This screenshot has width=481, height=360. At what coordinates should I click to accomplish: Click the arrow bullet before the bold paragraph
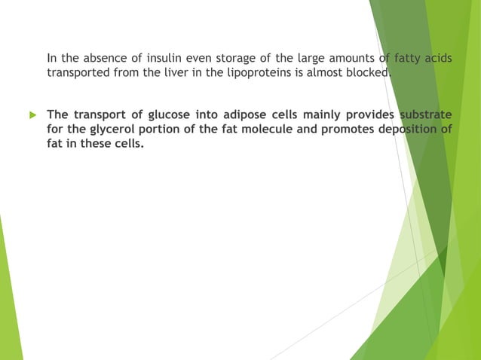tap(32, 114)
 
